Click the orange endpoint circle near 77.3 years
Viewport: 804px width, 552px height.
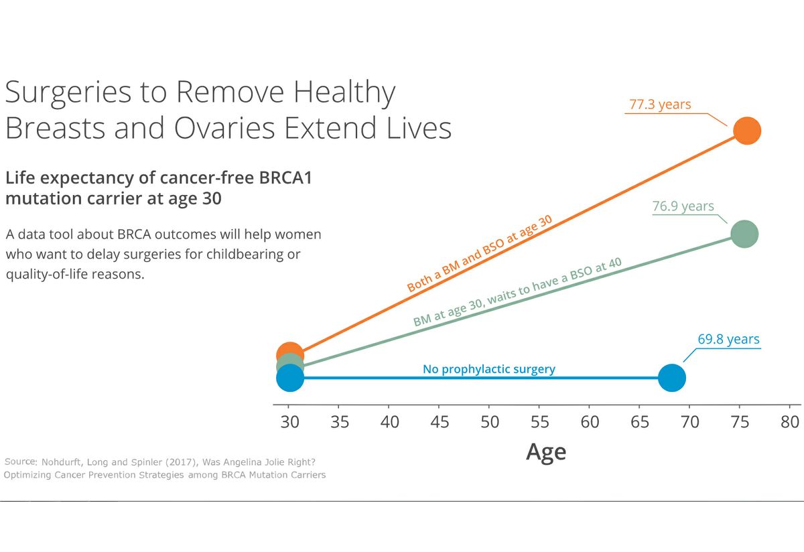coord(746,131)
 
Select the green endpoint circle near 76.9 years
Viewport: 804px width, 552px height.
coord(744,234)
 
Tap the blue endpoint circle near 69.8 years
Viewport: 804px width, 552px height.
coord(672,378)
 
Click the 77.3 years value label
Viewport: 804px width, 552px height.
coord(659,105)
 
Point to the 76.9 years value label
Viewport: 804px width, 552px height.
coord(683,206)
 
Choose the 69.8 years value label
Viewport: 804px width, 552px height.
coord(728,339)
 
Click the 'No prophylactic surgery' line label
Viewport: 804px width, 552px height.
coord(488,369)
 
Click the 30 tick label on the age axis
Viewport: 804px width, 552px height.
coord(289,422)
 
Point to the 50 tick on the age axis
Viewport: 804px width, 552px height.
coord(489,422)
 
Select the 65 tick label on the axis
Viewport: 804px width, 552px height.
coord(640,422)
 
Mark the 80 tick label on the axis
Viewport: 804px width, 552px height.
coord(790,422)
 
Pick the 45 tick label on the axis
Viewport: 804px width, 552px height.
coord(439,422)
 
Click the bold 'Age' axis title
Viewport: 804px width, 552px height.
coord(546,452)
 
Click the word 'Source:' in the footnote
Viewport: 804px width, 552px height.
coord(21,462)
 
